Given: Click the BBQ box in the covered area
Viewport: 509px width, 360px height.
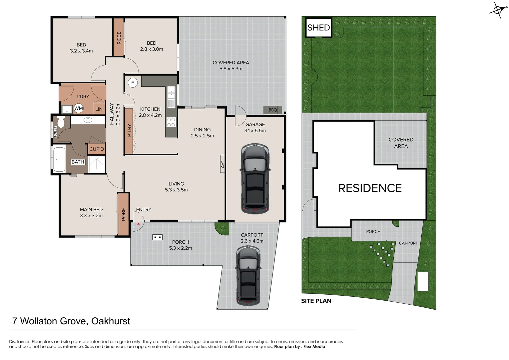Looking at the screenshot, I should tap(272, 110).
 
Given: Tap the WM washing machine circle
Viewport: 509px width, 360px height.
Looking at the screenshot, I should tap(79, 108).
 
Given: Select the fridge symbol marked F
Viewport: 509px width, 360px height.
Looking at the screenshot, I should tap(133, 83).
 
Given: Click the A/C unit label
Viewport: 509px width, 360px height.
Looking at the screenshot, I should tap(223, 164).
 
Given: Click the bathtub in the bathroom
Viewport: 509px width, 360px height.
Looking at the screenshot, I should tap(59, 159).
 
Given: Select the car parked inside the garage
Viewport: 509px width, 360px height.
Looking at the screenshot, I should tap(255, 179).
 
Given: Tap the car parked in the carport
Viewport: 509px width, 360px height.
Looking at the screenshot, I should tap(248, 276).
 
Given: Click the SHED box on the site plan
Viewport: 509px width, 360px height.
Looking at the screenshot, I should tap(318, 28).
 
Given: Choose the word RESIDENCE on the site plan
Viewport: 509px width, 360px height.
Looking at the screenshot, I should tap(370, 188).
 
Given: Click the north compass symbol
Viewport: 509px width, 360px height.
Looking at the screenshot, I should tap(497, 10).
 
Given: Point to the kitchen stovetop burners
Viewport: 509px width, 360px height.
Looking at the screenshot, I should tap(171, 122).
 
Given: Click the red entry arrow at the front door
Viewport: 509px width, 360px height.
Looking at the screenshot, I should tap(139, 224).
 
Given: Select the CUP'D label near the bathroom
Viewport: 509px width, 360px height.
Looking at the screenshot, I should tap(97, 149).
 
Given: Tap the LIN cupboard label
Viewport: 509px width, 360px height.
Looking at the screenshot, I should tap(99, 109).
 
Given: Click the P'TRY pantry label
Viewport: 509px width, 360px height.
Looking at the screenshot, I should tap(129, 130).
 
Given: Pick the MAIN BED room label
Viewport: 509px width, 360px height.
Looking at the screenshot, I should tap(91, 209).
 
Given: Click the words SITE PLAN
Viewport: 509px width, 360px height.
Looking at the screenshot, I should tap(316, 301).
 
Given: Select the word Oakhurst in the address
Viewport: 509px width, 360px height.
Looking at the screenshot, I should tap(111, 321).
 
